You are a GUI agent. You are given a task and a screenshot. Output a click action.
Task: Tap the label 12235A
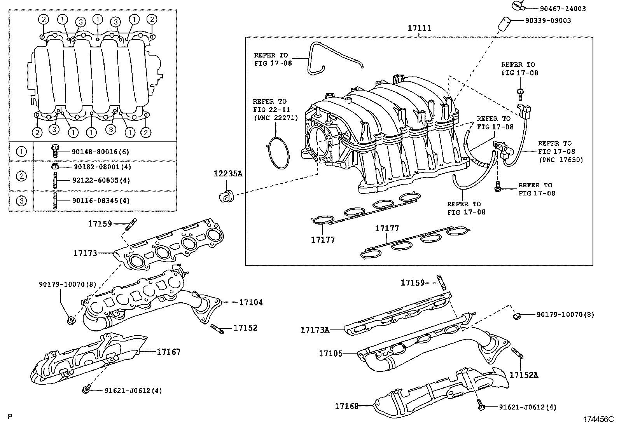tap(227, 174)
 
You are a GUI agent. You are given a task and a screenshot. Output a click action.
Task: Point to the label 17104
tap(251, 302)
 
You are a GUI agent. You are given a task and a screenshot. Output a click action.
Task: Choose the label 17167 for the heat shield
tap(169, 352)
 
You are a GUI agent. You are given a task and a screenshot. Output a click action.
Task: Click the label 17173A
tap(315, 330)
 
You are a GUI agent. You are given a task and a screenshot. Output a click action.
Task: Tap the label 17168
tap(347, 406)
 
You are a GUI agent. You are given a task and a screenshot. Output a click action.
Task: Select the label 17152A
tap(524, 375)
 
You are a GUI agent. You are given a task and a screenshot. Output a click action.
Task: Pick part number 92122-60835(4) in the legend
tap(101, 180)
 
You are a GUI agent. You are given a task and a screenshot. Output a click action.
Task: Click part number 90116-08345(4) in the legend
tap(101, 201)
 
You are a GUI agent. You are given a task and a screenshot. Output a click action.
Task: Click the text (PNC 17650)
tap(561, 160)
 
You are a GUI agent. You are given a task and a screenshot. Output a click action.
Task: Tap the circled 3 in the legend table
tap(21, 200)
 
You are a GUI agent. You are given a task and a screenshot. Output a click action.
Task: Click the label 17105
tap(330, 354)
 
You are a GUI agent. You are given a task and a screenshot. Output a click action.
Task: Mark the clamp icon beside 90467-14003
tap(517, 5)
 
